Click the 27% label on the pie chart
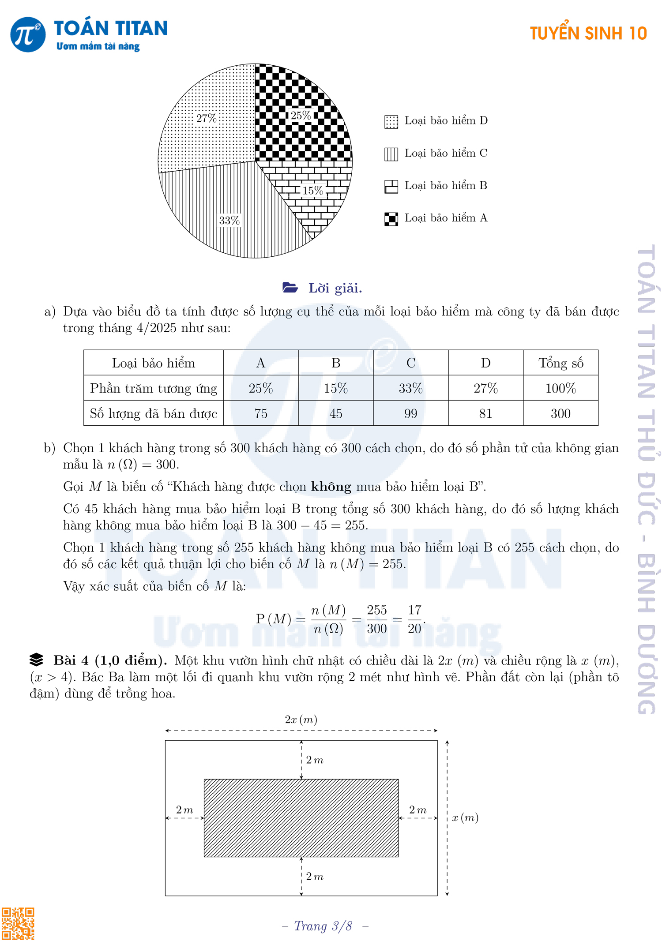(x=206, y=118)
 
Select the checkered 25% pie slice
(x=305, y=132)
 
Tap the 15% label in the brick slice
(x=313, y=191)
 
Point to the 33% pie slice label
(x=229, y=221)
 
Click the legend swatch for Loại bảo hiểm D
(x=391, y=122)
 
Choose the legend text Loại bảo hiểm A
(x=446, y=218)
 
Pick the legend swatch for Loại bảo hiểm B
(x=391, y=187)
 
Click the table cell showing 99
(x=410, y=413)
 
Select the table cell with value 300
(x=560, y=413)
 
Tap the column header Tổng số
(x=560, y=363)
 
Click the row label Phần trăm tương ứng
(x=154, y=388)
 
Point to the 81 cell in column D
(x=485, y=413)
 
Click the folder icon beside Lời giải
(x=290, y=288)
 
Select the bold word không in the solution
(x=331, y=487)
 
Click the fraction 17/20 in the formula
(x=414, y=619)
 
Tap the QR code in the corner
(x=18, y=924)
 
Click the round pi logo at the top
(x=28, y=34)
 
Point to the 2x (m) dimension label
(x=301, y=720)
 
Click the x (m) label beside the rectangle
(x=465, y=818)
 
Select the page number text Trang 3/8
(x=323, y=926)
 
